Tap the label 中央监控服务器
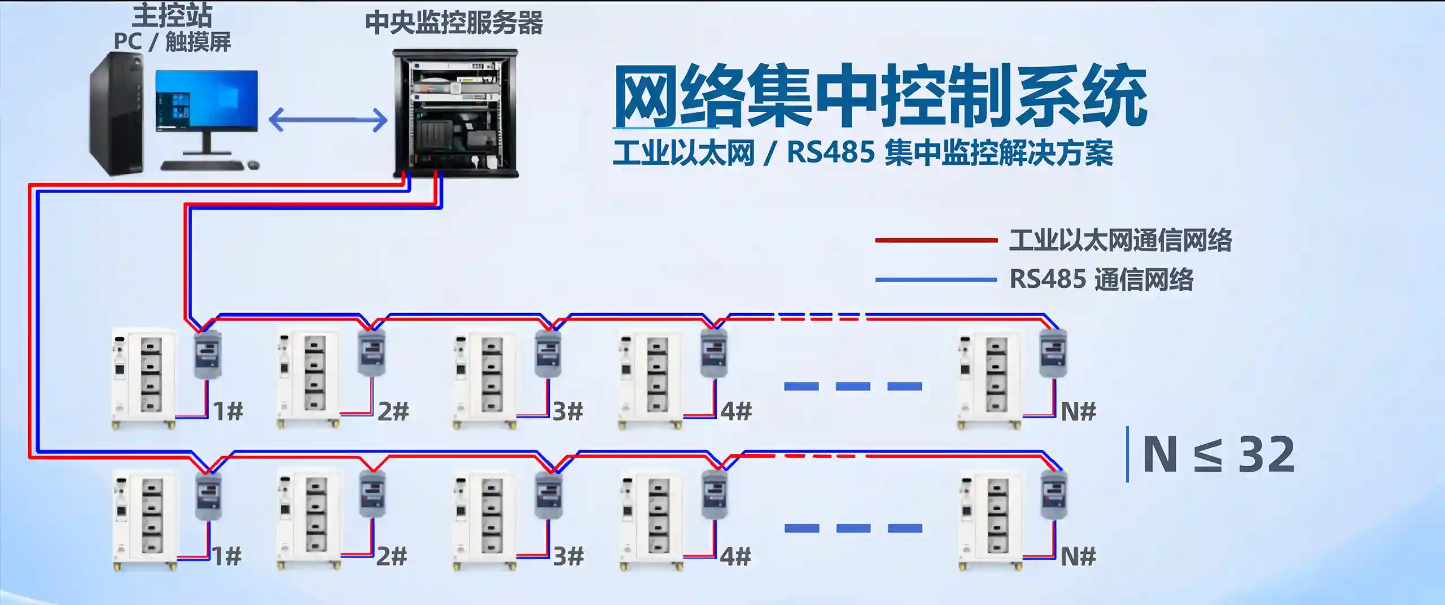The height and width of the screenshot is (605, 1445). [x=454, y=23]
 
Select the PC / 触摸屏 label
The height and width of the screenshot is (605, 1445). [x=172, y=42]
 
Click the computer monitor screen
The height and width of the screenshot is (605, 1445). [x=207, y=101]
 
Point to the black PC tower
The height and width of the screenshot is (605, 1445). [x=117, y=113]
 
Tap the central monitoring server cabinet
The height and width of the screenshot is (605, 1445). [x=456, y=113]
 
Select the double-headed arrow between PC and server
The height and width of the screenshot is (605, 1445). [x=328, y=120]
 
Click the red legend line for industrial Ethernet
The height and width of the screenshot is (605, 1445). [x=936, y=240]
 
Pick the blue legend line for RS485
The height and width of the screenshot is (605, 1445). [x=936, y=279]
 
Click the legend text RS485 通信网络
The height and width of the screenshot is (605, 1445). [x=1101, y=279]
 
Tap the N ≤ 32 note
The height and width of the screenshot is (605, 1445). [x=1219, y=454]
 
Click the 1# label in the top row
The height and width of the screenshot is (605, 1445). [x=228, y=411]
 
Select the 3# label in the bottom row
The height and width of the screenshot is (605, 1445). [x=568, y=556]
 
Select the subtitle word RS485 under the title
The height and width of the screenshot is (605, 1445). [x=831, y=152]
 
